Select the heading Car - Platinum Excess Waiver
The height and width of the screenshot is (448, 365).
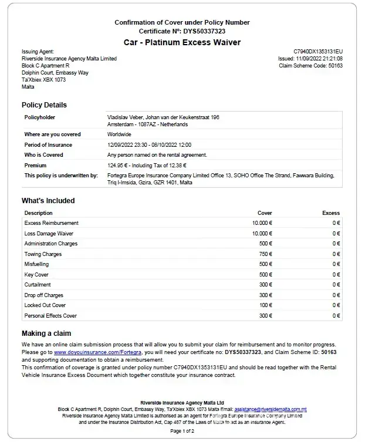pyautogui.click(x=182, y=42)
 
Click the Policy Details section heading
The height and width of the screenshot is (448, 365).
pyautogui.click(x=44, y=105)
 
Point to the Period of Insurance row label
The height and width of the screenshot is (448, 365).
pyautogui.click(x=48, y=144)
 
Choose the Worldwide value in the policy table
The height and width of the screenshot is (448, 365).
pyautogui.click(x=119, y=134)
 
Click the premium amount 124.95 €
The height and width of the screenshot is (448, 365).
pyautogui.click(x=120, y=166)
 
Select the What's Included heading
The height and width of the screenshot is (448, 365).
pyautogui.click(x=48, y=201)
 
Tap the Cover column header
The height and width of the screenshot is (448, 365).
pyautogui.click(x=265, y=213)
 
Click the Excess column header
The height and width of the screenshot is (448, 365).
pyautogui.click(x=331, y=213)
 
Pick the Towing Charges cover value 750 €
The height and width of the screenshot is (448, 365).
pyautogui.click(x=266, y=254)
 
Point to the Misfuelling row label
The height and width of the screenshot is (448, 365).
pyautogui.click(x=37, y=264)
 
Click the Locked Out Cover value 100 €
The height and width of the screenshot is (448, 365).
pyautogui.click(x=266, y=305)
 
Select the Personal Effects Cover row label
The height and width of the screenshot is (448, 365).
pyautogui.click(x=50, y=316)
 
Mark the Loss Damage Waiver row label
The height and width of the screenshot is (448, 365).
pyautogui.click(x=49, y=234)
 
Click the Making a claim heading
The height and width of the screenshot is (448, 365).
pyautogui.click(x=46, y=334)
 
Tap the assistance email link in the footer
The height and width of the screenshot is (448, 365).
pyautogui.click(x=271, y=409)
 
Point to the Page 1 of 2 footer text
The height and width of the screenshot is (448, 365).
pyautogui.click(x=182, y=431)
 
